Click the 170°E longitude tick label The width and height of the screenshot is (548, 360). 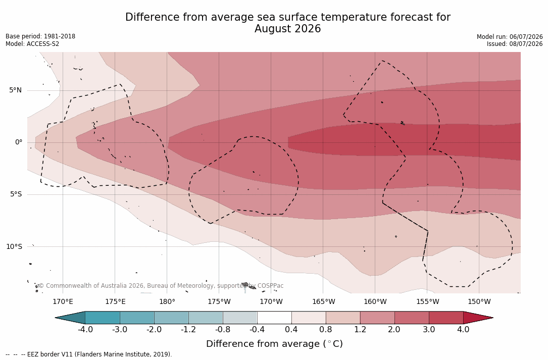[x=63, y=301]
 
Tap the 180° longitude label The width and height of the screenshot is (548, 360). [x=167, y=301]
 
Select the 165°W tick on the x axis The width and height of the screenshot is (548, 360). [x=323, y=301]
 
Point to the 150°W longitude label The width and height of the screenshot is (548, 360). [x=479, y=301]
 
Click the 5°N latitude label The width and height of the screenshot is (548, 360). [x=15, y=90]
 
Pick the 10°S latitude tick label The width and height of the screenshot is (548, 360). [x=14, y=246]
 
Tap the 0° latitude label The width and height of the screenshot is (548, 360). [x=19, y=142]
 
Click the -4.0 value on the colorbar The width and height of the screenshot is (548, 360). [x=85, y=329]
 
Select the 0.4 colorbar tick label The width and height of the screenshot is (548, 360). [x=291, y=329]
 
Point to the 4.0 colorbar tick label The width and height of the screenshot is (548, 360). [x=463, y=329]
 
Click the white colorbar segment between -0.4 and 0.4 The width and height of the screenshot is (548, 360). [x=274, y=318]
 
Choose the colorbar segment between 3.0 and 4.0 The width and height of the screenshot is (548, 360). [x=446, y=318]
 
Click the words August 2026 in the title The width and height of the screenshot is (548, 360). [x=287, y=29]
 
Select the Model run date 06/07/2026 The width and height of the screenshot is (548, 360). [x=526, y=37]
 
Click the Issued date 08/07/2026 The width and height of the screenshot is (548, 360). [x=526, y=44]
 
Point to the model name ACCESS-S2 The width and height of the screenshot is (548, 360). [x=43, y=44]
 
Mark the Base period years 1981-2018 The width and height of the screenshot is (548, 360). [x=60, y=36]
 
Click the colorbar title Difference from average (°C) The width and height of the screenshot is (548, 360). [x=274, y=344]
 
